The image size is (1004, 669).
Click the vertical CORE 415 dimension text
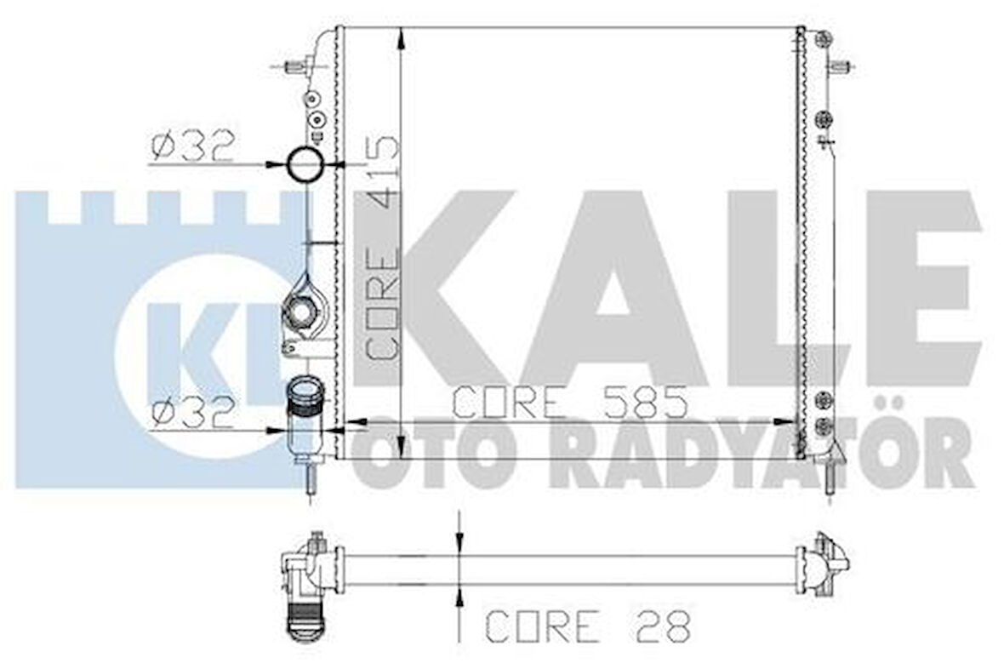click(x=382, y=247)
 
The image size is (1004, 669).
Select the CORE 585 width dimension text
click(x=568, y=402)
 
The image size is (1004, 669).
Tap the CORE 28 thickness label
click(x=587, y=626)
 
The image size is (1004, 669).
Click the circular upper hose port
click(x=304, y=164)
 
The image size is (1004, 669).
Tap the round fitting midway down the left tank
click(x=303, y=312)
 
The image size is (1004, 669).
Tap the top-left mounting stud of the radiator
click(x=294, y=66)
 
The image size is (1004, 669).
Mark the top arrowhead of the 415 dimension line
click(x=401, y=35)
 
